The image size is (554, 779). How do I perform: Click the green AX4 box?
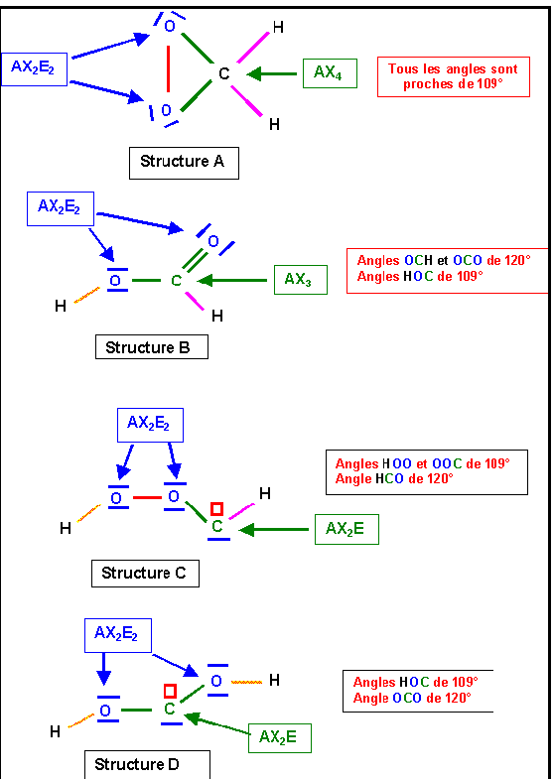click(330, 73)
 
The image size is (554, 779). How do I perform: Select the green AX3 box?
click(301, 280)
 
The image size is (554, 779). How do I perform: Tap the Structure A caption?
click(184, 163)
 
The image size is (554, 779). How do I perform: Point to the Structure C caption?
click(145, 574)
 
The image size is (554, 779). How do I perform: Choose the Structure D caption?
click(147, 764)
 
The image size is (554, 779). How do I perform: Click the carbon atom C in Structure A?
click(224, 73)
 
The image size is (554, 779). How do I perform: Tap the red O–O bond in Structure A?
click(169, 68)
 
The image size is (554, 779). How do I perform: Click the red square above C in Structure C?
click(216, 509)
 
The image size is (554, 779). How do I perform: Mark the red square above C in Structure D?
click(171, 691)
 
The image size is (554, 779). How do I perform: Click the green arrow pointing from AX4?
click(271, 74)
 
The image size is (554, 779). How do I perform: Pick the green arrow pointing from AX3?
click(232, 280)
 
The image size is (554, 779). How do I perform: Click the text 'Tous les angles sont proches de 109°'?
click(453, 76)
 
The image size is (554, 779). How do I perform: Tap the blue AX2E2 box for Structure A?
click(34, 68)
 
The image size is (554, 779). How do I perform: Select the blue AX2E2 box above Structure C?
click(148, 425)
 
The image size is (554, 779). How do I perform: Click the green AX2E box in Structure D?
click(280, 737)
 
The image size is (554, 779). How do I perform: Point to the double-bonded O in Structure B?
click(213, 241)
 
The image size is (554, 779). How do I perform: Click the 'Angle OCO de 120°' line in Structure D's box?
click(412, 698)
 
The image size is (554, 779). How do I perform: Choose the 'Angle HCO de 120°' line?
click(394, 478)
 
